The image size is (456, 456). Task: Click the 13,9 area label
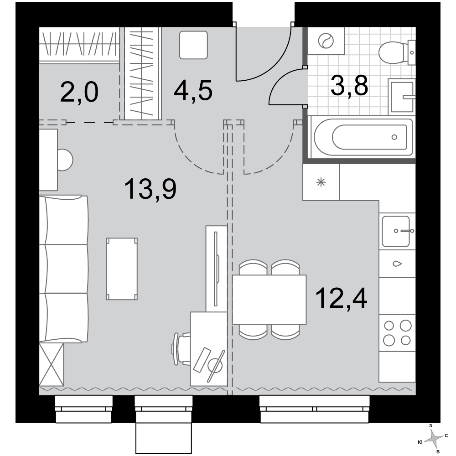pos(150,190)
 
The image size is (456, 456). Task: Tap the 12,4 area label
pos(341,298)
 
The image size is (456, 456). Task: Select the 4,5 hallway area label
pos(193,90)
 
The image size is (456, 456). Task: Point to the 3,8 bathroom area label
pos(349,86)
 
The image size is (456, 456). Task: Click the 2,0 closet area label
pos(79,92)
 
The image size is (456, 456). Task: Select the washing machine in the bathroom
pos(326,41)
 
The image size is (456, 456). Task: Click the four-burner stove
pos(397,333)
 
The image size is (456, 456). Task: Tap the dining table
pos(269,300)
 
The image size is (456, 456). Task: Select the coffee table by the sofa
pos(122,269)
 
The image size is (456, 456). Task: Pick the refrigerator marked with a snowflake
pos(321,182)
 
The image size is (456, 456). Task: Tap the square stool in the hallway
pos(193,45)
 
